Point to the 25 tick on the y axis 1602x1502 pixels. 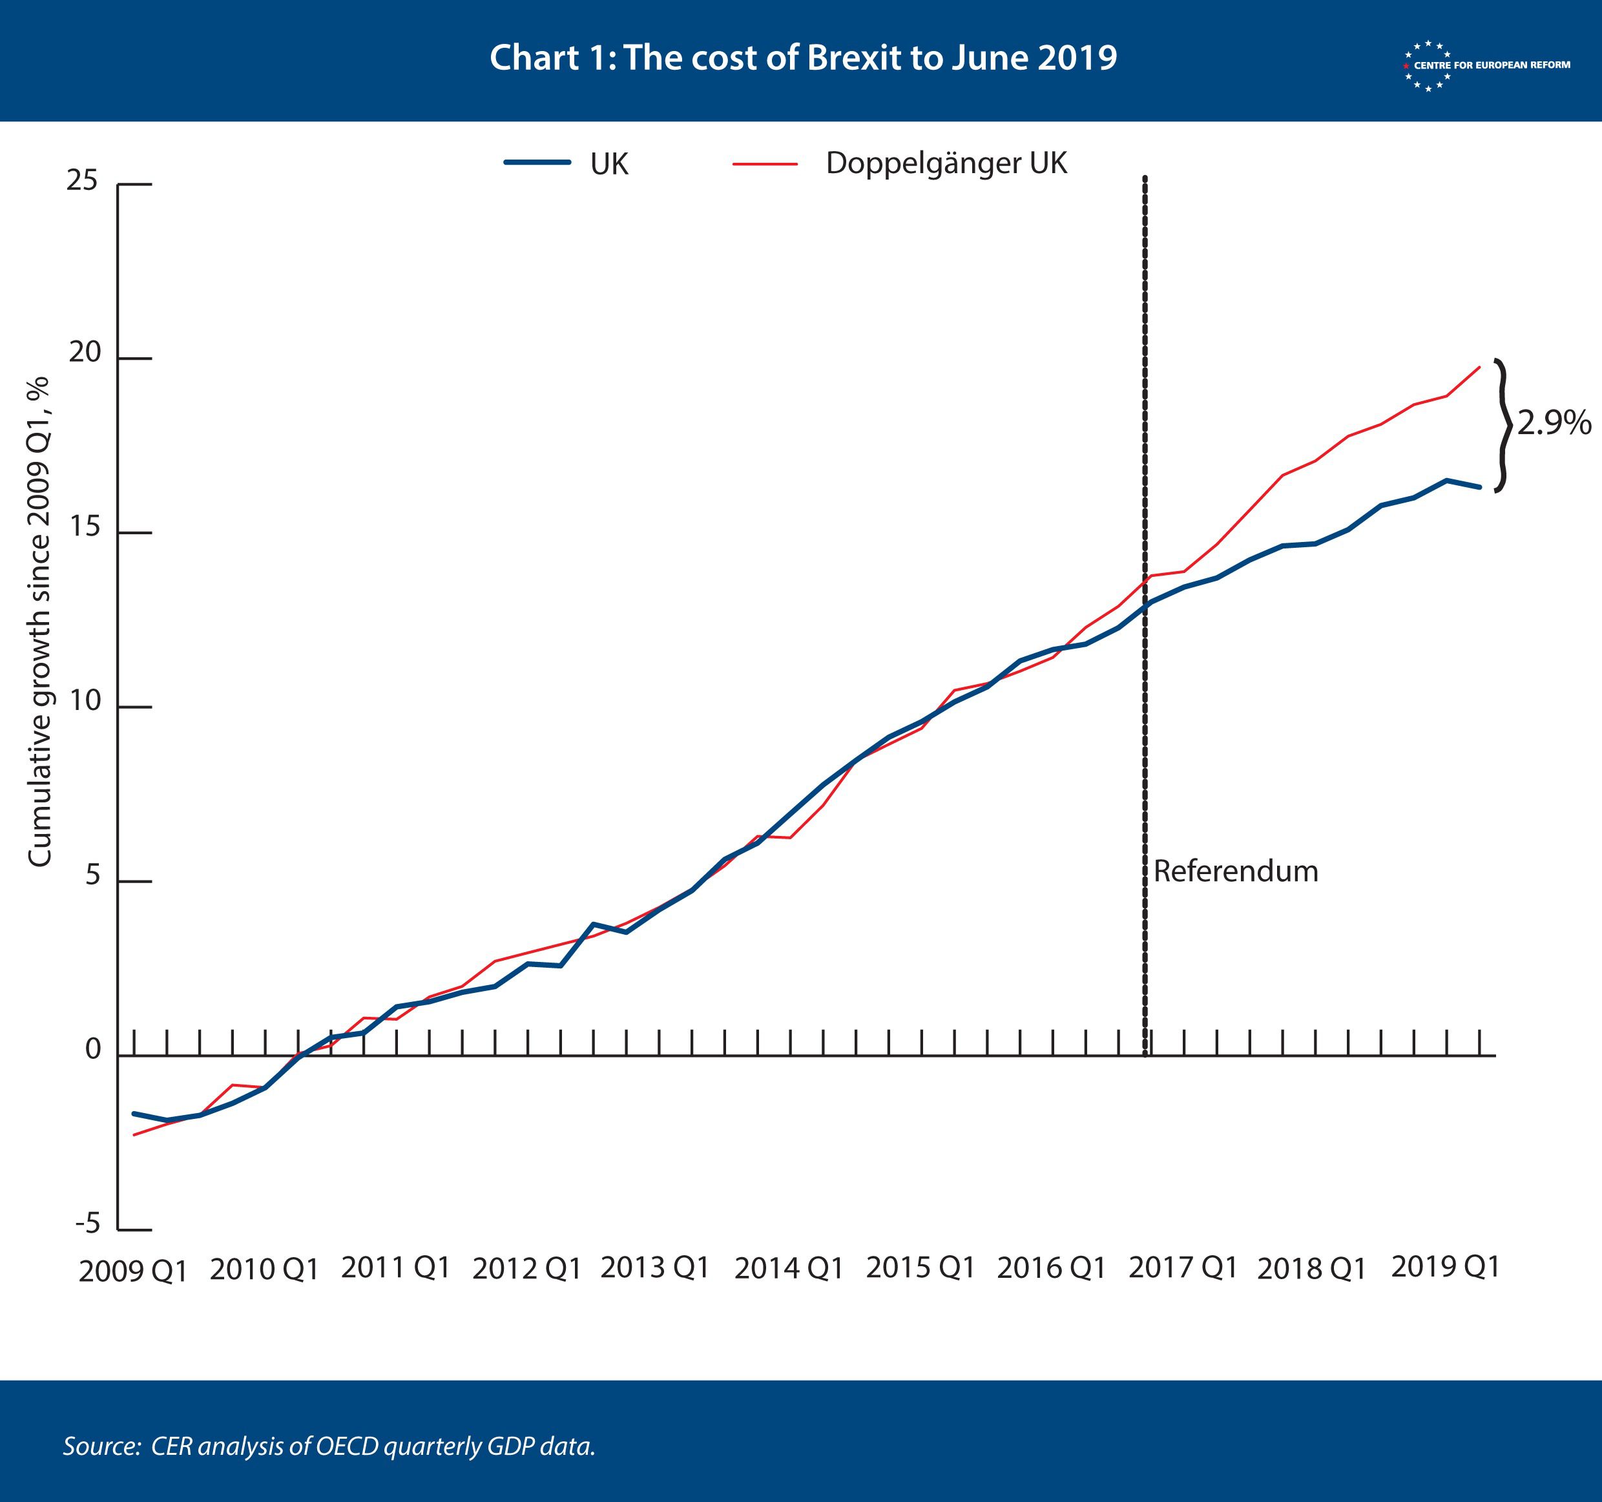tap(82, 180)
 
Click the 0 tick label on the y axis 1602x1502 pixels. tap(92, 1050)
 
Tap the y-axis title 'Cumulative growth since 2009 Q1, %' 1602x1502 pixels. tap(39, 622)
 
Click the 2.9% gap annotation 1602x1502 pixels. tap(1554, 423)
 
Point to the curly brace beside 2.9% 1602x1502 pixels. tap(1501, 424)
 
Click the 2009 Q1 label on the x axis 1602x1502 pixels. tap(133, 1271)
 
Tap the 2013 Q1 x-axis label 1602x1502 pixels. tap(654, 1267)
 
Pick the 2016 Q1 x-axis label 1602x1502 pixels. tap(1051, 1268)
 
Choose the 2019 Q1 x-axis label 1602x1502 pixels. tap(1445, 1267)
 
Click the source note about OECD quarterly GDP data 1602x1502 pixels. tap(329, 1446)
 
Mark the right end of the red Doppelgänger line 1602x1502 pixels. tap(1479, 368)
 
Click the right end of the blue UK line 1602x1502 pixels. tap(1479, 486)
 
